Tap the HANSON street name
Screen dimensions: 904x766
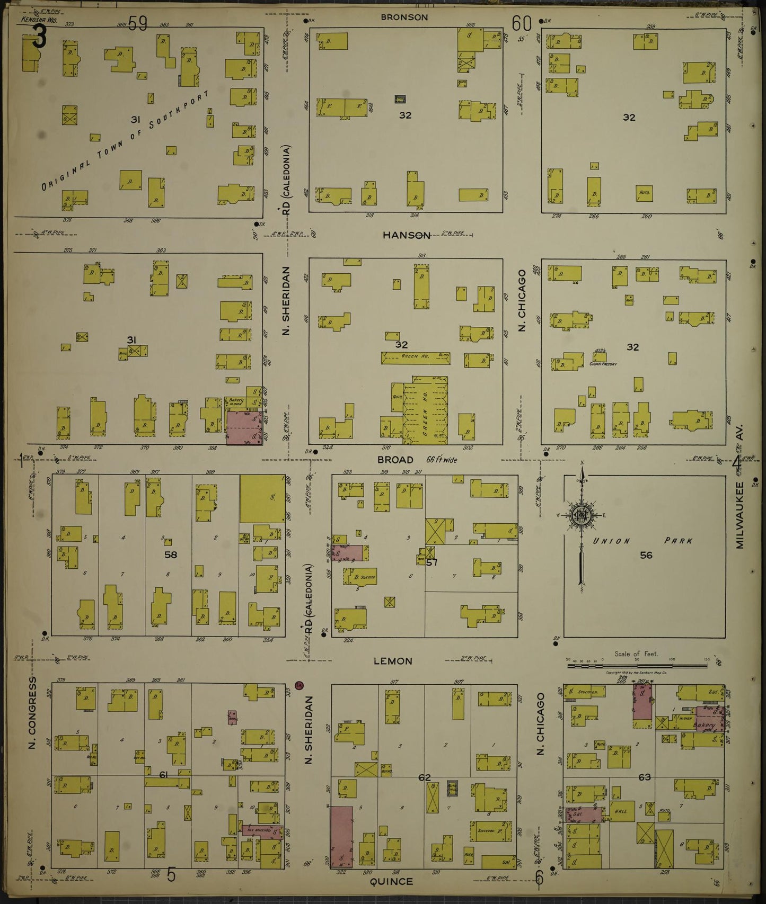pos(407,235)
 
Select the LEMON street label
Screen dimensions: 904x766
pos(393,661)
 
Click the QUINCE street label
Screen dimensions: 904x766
pos(391,881)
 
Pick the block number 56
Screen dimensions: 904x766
pos(646,555)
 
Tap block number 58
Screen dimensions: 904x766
pos(170,554)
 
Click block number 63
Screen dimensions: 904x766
pos(644,777)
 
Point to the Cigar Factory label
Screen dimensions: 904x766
pos(603,364)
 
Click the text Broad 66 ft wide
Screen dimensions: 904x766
pos(417,460)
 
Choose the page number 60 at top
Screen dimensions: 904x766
pos(522,24)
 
